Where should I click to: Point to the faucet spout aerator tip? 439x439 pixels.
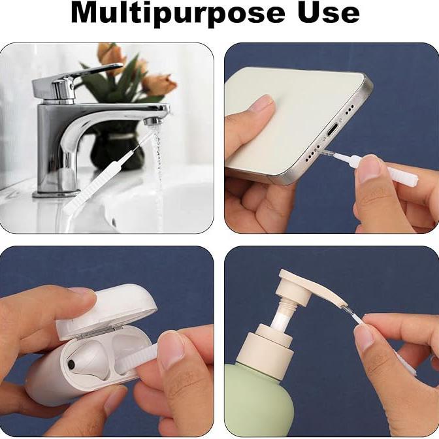(154, 122)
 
